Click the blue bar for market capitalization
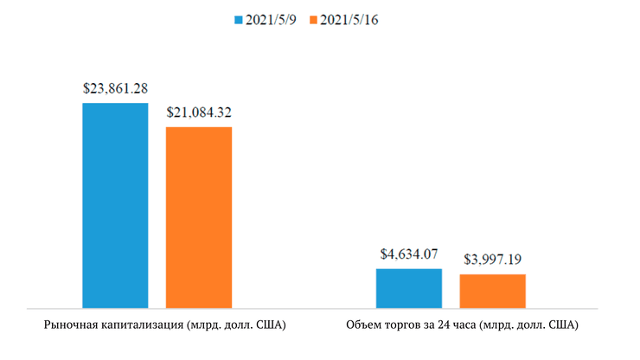(x=115, y=205)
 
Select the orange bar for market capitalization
(x=199, y=217)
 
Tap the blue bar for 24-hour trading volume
(x=408, y=288)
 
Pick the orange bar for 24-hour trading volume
(x=492, y=291)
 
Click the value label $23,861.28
(x=115, y=88)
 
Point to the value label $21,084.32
(x=199, y=112)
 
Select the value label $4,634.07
(x=408, y=254)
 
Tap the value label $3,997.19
(x=492, y=260)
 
